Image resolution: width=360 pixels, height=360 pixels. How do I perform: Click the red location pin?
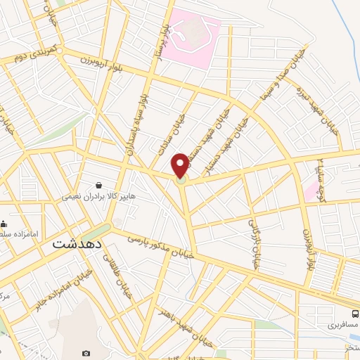(x=181, y=165)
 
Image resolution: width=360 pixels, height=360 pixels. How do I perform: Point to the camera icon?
(x=86, y=353)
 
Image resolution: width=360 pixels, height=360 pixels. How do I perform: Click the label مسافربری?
(x=343, y=327)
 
